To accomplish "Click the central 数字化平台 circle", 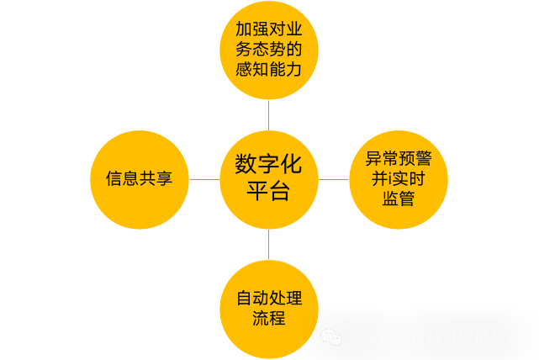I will tap(269, 178).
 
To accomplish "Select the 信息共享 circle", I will tap(139, 178).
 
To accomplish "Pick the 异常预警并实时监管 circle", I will tap(398, 178).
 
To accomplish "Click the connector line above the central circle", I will tap(269, 114).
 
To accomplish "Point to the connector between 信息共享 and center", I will tap(203, 178).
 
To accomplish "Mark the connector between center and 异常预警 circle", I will tap(334, 178).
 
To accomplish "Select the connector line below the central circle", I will tap(269, 243).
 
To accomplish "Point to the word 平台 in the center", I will tap(269, 192).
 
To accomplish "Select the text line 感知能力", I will tap(269, 70).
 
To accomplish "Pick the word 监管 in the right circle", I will tap(398, 199).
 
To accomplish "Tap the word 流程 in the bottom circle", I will tap(269, 319).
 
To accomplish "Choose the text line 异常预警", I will tap(398, 158).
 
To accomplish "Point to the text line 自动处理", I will tap(269, 298).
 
